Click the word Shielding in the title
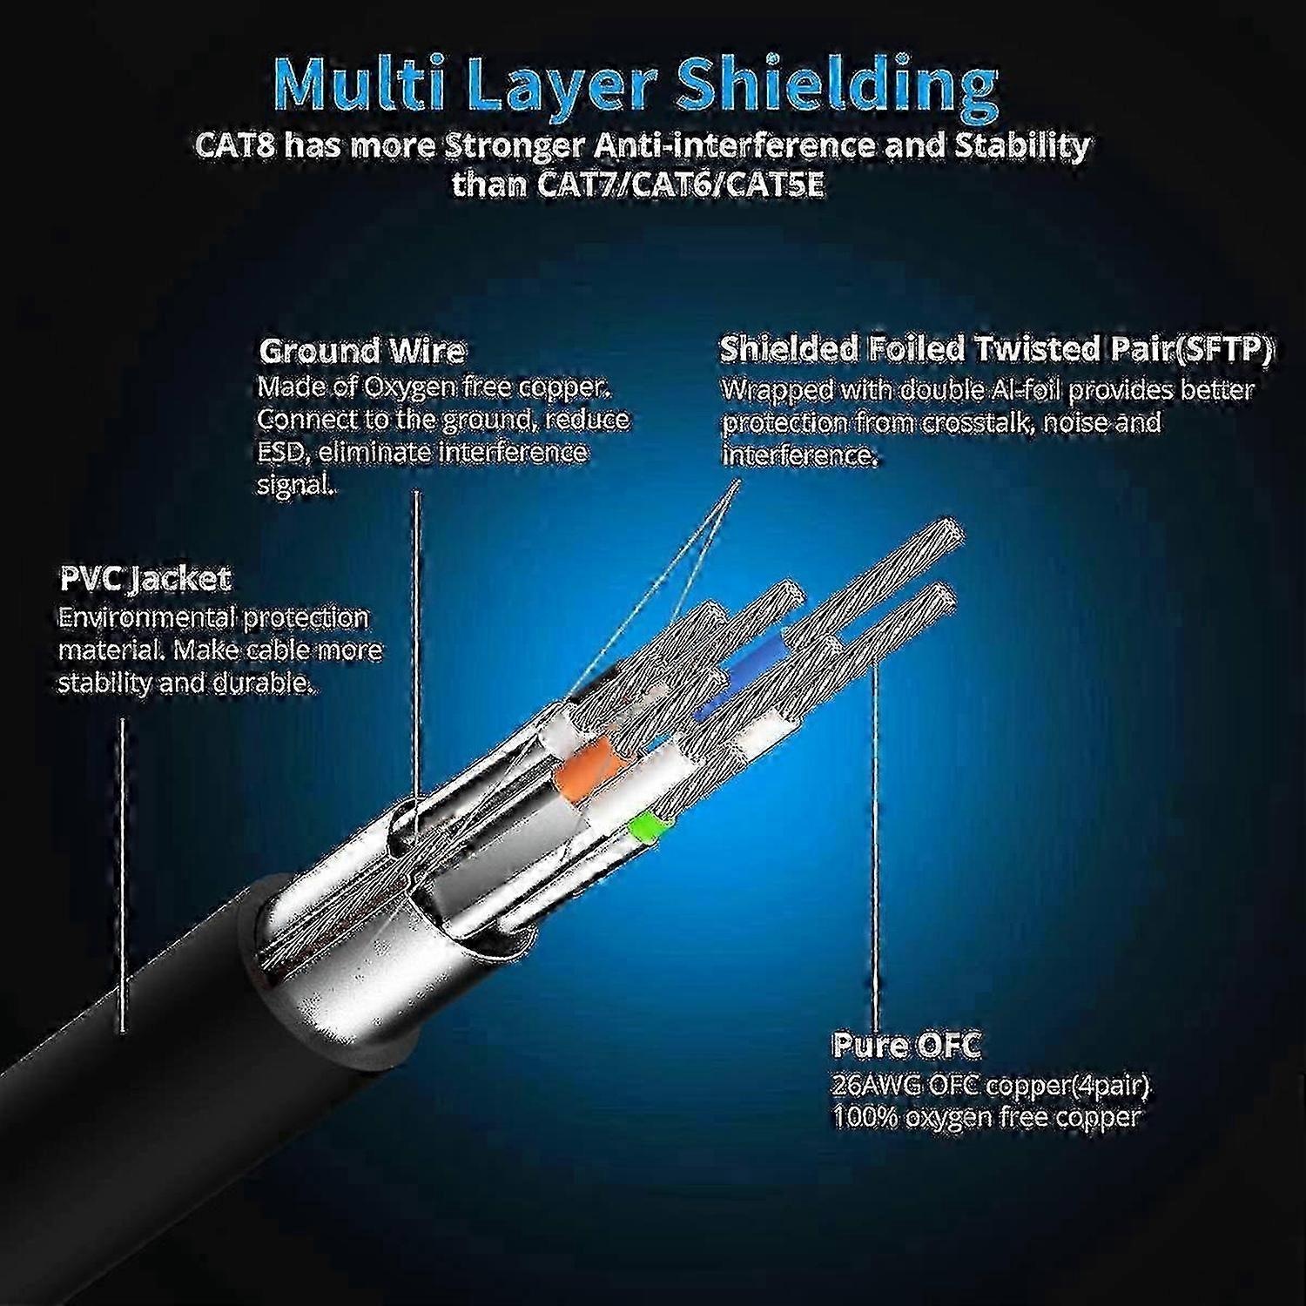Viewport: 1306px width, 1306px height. pyautogui.click(x=838, y=86)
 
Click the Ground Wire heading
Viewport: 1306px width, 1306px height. pyautogui.click(x=362, y=351)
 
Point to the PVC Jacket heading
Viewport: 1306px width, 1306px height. pyautogui.click(x=145, y=579)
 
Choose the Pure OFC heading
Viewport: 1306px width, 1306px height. pyautogui.click(x=906, y=1044)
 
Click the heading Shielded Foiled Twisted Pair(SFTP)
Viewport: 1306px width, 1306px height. pyautogui.click(x=996, y=349)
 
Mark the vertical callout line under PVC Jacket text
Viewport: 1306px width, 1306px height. pyautogui.click(x=122, y=875)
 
